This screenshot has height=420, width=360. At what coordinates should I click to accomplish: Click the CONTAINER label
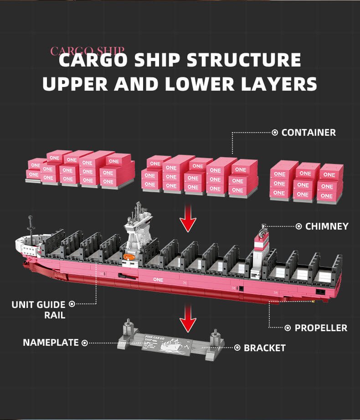tap(309, 133)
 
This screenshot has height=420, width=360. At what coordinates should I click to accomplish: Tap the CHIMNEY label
tap(327, 226)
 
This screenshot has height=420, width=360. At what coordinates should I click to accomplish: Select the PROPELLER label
tap(321, 328)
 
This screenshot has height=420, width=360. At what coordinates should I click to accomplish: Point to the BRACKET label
tap(264, 348)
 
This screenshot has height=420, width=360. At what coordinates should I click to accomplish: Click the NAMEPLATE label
tap(51, 343)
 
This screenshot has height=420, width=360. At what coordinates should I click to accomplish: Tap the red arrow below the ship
tap(187, 319)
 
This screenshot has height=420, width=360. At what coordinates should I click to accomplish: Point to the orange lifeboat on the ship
tap(129, 258)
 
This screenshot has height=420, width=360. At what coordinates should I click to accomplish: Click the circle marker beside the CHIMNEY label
tap(299, 226)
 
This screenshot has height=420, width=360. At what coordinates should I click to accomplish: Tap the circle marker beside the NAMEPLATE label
tap(85, 343)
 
